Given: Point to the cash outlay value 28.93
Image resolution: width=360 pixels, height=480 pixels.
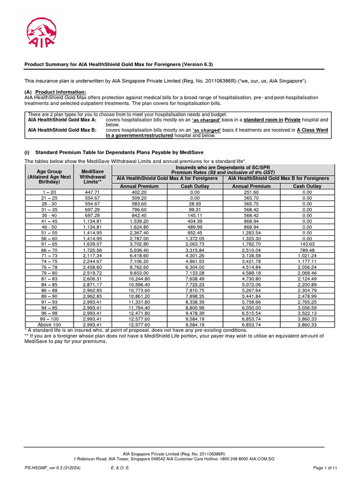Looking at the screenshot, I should tap(195, 204).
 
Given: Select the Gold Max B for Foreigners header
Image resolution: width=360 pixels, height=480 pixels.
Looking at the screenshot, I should tap(280, 179).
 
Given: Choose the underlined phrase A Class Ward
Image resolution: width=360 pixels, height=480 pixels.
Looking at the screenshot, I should tap(313, 130).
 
